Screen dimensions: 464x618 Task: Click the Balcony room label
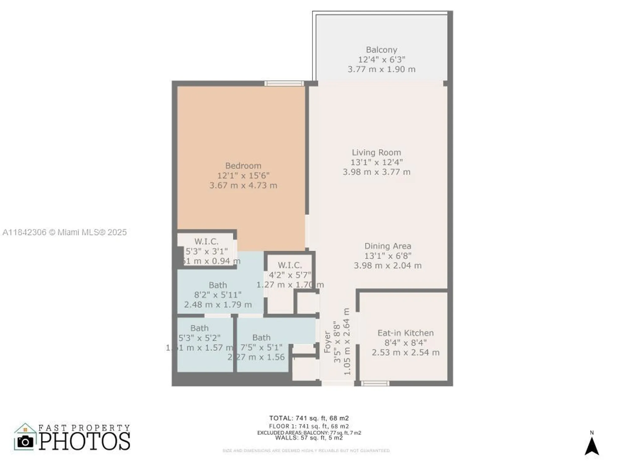[x=381, y=50]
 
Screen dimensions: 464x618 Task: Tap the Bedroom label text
[x=243, y=166]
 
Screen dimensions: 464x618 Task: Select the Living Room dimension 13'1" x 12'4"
[x=376, y=162]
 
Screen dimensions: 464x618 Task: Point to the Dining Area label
[x=387, y=246]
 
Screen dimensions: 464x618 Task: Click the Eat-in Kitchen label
[x=405, y=333]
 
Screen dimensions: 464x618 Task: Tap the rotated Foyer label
[x=327, y=342]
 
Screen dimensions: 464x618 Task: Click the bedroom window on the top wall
[x=284, y=84]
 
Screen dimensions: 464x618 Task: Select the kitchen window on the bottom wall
[x=375, y=384]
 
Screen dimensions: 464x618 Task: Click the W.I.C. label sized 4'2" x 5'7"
[x=290, y=265]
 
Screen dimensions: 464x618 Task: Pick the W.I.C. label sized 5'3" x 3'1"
[x=206, y=242]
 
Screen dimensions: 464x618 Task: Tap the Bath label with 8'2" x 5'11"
[x=218, y=285]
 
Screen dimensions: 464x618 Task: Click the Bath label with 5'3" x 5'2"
[x=199, y=328]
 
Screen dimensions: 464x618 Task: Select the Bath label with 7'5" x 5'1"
[x=261, y=338]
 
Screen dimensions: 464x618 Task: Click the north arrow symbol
[x=591, y=446]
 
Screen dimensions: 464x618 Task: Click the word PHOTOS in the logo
[x=84, y=441]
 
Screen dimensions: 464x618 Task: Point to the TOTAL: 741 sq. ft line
[x=309, y=418]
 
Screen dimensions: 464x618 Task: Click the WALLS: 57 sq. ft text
[x=309, y=438]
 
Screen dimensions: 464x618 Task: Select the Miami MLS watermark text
[x=65, y=232]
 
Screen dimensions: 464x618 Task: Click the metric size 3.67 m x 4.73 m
[x=243, y=186]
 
